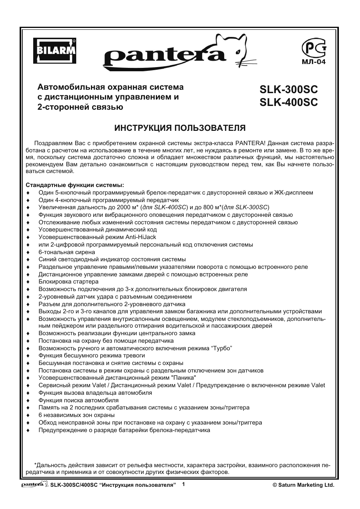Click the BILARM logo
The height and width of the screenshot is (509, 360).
click(54, 51)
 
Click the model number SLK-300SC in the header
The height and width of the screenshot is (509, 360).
click(289, 90)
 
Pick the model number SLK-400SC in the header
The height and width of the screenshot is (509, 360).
click(289, 102)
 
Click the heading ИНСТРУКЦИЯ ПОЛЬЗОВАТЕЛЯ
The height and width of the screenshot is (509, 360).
click(180, 128)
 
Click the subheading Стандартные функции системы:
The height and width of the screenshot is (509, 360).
click(75, 185)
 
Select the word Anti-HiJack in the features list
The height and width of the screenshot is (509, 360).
click(141, 237)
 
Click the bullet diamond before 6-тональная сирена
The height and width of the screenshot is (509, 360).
click(28, 252)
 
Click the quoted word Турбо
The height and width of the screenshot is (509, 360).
click(222, 348)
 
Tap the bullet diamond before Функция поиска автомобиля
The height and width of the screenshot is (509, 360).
click(28, 400)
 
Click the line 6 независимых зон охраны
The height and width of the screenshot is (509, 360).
click(77, 415)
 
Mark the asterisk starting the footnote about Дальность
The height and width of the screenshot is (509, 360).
click(35, 465)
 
